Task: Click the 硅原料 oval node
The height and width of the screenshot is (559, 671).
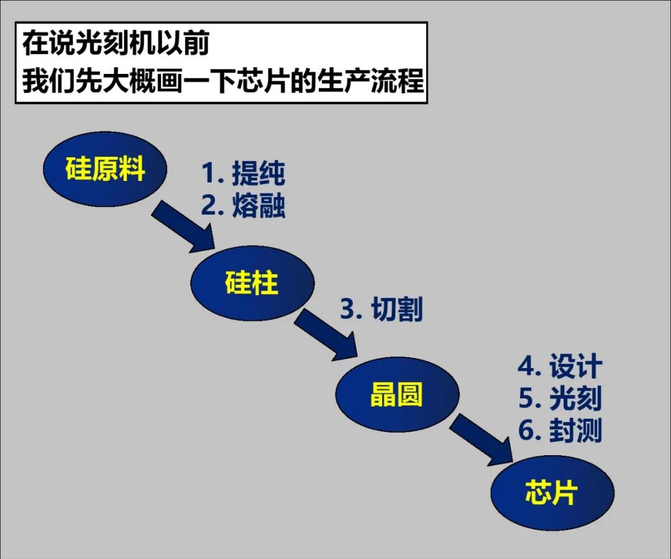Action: coord(105,169)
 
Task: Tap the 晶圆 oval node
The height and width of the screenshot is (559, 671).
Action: coord(397,394)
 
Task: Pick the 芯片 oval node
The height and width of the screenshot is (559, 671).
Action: coord(552,493)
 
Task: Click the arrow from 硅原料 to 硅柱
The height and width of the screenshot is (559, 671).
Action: coord(183,227)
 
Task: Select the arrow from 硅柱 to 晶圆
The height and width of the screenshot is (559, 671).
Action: coord(327,336)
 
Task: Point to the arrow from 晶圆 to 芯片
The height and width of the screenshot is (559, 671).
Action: coord(482,441)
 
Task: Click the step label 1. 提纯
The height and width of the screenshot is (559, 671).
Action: coord(243,174)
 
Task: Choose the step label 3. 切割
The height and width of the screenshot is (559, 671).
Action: coord(381,309)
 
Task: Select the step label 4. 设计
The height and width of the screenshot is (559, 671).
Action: coord(560,367)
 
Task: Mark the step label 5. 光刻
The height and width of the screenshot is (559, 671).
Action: coord(560,399)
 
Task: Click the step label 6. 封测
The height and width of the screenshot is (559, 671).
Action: coord(560,431)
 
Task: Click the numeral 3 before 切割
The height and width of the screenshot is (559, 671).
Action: coord(347,310)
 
